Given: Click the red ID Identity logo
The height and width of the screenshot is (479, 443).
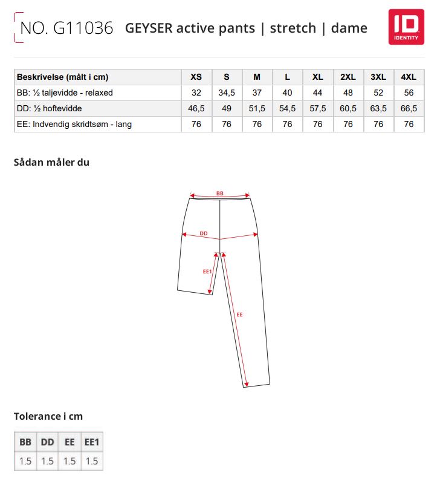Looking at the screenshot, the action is pos(406,27).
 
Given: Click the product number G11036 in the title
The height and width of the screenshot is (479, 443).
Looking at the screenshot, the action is pos(83,28).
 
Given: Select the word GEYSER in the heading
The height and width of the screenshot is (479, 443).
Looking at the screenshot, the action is pos(149,28).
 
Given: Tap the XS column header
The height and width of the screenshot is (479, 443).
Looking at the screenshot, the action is pos(196,77).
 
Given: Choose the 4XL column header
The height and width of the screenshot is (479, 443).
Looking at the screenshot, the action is pos(409,77).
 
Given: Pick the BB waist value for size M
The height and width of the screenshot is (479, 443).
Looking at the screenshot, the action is pos(257,93).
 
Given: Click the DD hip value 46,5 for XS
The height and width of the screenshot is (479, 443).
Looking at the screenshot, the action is pos(196,108).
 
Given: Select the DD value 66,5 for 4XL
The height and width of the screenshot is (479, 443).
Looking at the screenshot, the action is pos(409,108).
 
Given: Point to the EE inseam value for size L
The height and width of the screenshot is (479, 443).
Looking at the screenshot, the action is pos(287,124).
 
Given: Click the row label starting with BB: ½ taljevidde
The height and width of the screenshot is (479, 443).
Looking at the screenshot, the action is pos(65,93).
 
